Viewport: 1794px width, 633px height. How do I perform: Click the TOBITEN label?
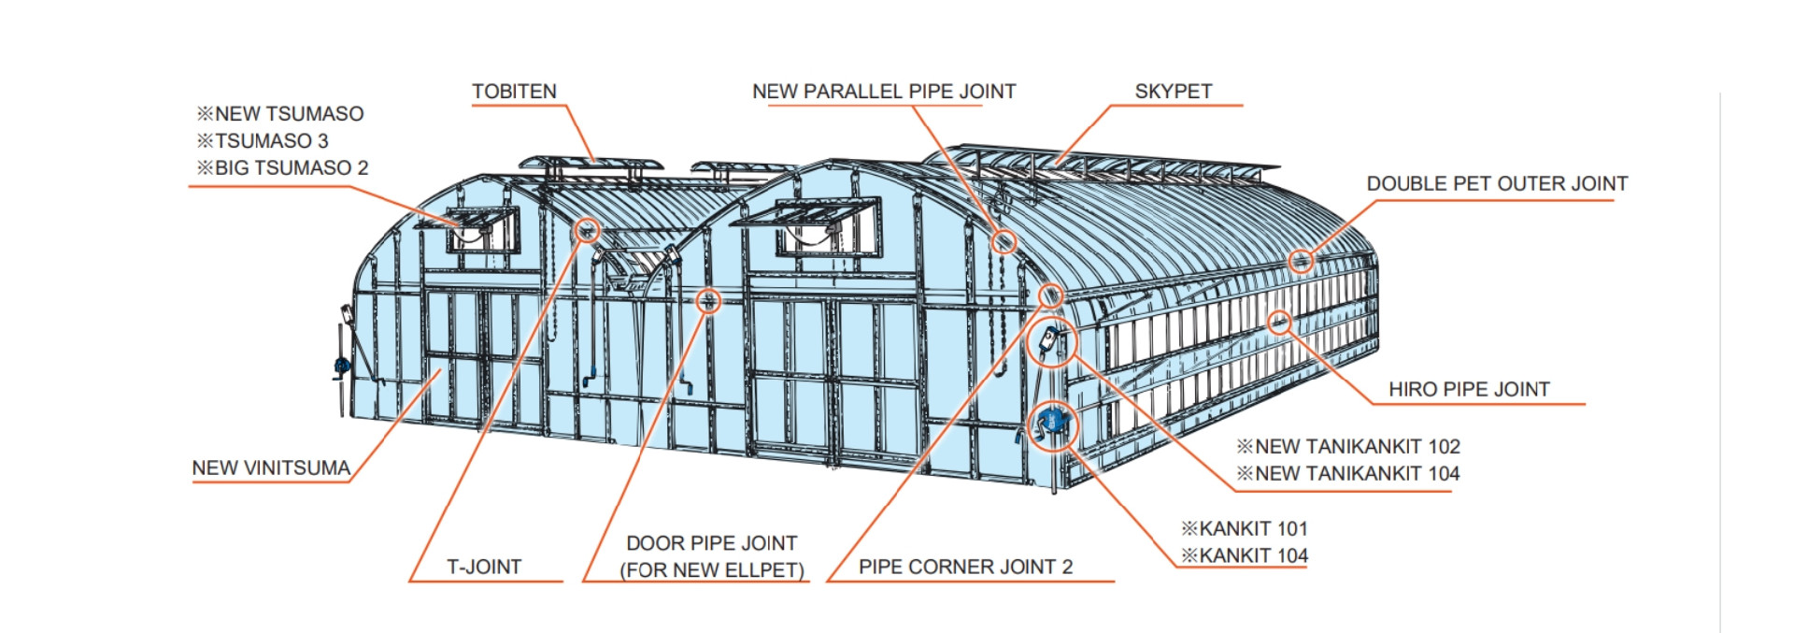(x=514, y=92)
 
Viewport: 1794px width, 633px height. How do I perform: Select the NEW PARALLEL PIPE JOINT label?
(x=883, y=92)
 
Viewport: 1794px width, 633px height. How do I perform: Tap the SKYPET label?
(x=1173, y=92)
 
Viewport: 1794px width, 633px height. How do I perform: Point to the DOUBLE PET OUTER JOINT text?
(x=1496, y=183)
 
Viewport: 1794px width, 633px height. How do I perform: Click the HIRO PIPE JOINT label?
(x=1468, y=389)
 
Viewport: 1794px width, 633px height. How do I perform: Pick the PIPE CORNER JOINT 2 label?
(x=965, y=567)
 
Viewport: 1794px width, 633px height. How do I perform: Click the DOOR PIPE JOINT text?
(x=711, y=543)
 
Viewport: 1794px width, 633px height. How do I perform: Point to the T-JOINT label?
(x=484, y=567)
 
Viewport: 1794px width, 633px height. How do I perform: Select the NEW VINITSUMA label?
(x=271, y=468)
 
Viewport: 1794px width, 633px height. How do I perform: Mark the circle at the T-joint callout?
(x=587, y=230)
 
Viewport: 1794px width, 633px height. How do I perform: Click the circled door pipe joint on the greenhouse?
(x=709, y=300)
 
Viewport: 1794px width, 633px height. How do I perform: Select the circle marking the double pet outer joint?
(x=1301, y=261)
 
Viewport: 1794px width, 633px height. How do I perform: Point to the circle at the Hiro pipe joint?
(x=1279, y=324)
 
